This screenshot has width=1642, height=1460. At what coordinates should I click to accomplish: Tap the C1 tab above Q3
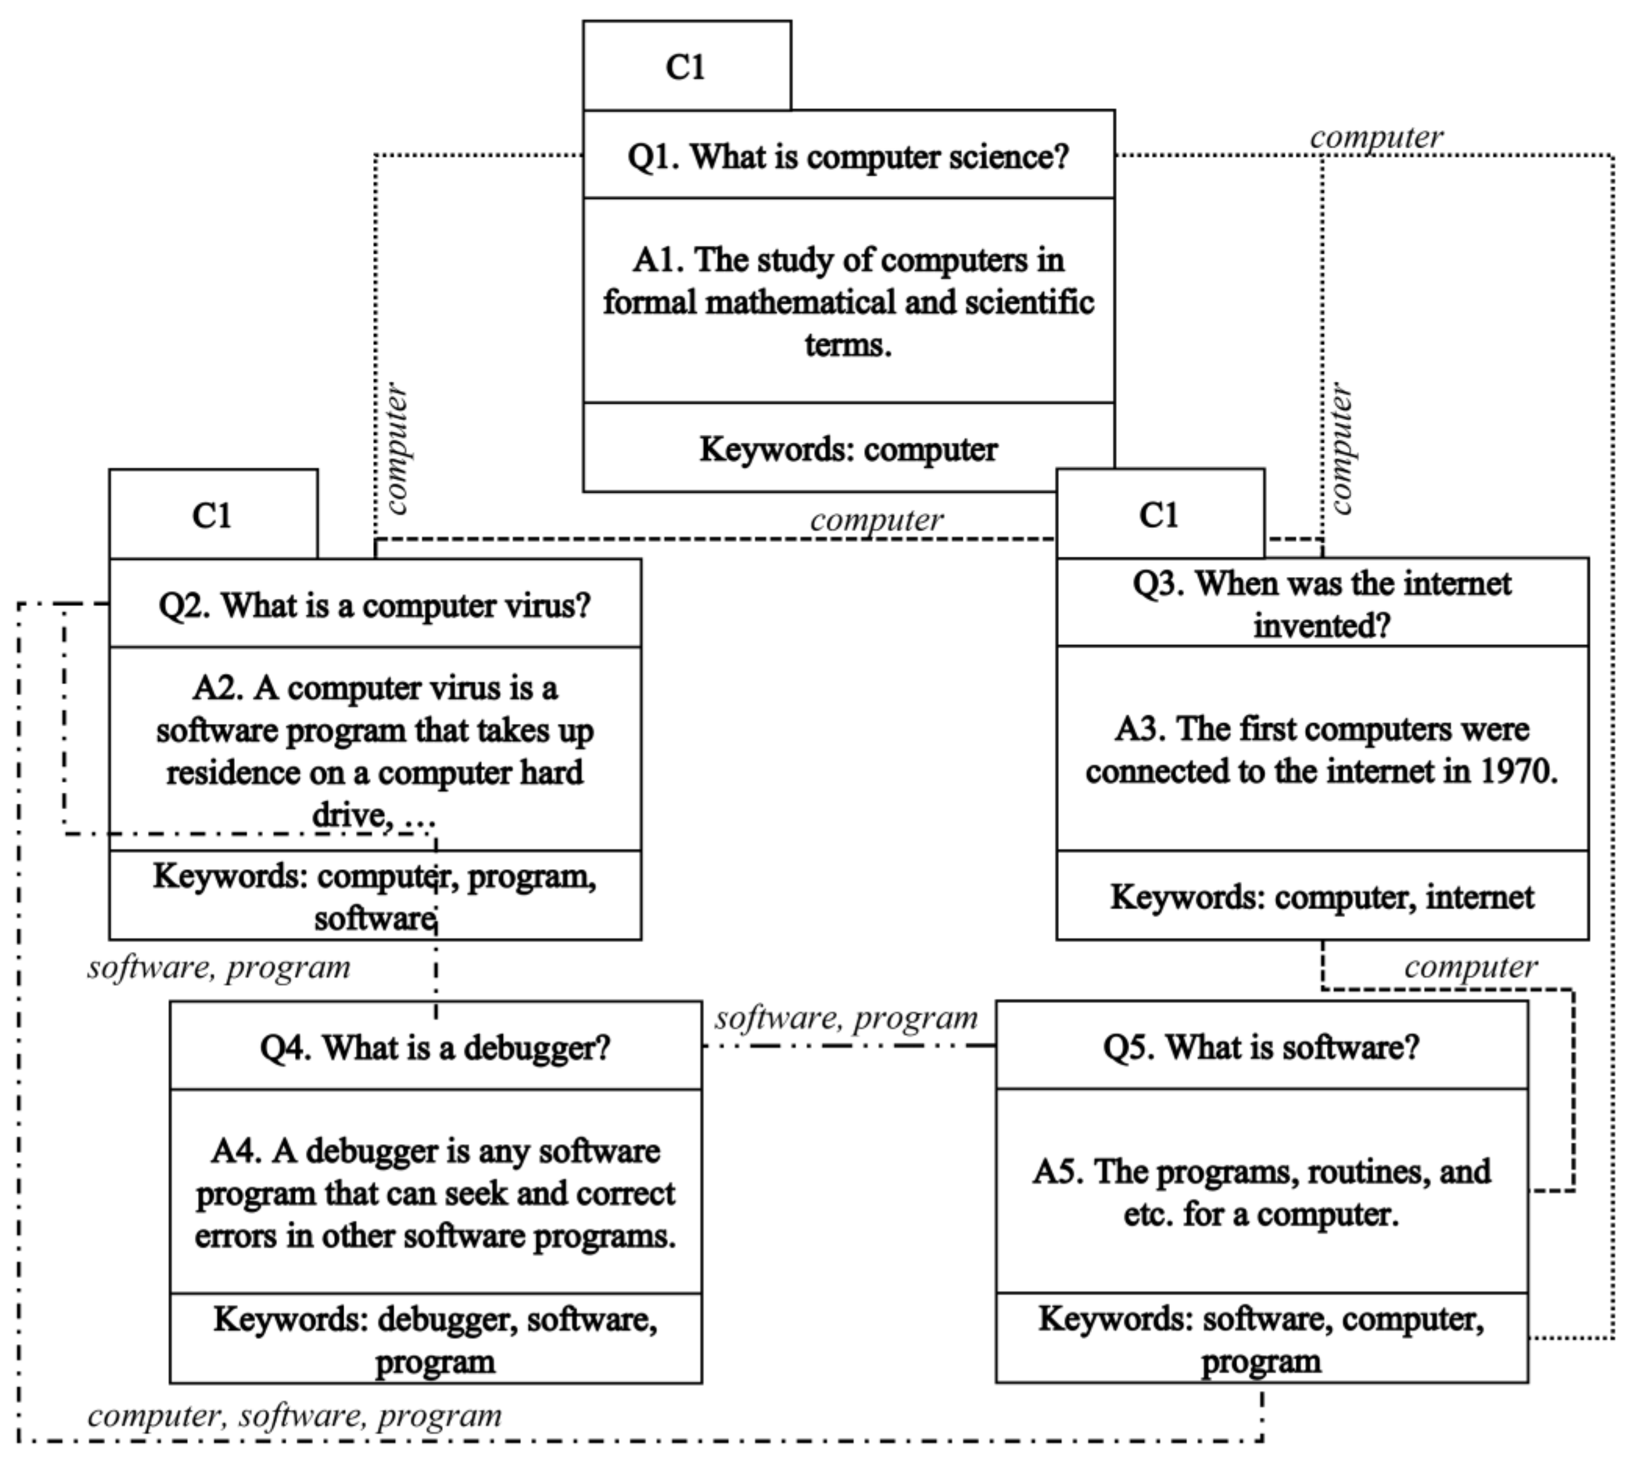point(1159,515)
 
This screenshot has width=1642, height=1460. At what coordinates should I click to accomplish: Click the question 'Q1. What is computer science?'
point(848,156)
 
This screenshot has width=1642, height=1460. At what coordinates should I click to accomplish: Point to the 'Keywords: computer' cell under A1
point(848,449)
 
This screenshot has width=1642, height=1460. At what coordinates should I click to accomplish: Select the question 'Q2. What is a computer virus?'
point(375,605)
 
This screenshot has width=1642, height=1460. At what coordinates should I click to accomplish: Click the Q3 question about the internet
point(1322,604)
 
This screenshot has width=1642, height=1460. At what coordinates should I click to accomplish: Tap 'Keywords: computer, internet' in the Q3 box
point(1322,897)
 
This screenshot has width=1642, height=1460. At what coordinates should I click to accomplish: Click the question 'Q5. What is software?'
point(1261,1047)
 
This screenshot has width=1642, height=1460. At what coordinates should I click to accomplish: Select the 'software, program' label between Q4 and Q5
point(846,1018)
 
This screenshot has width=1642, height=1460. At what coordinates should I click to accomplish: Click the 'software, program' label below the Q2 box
point(218,968)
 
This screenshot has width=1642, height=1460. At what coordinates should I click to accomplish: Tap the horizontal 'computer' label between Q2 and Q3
point(876,520)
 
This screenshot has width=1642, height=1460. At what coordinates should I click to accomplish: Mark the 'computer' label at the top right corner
point(1376,137)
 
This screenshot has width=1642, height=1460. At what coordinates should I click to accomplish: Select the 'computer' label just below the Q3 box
point(1471,967)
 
